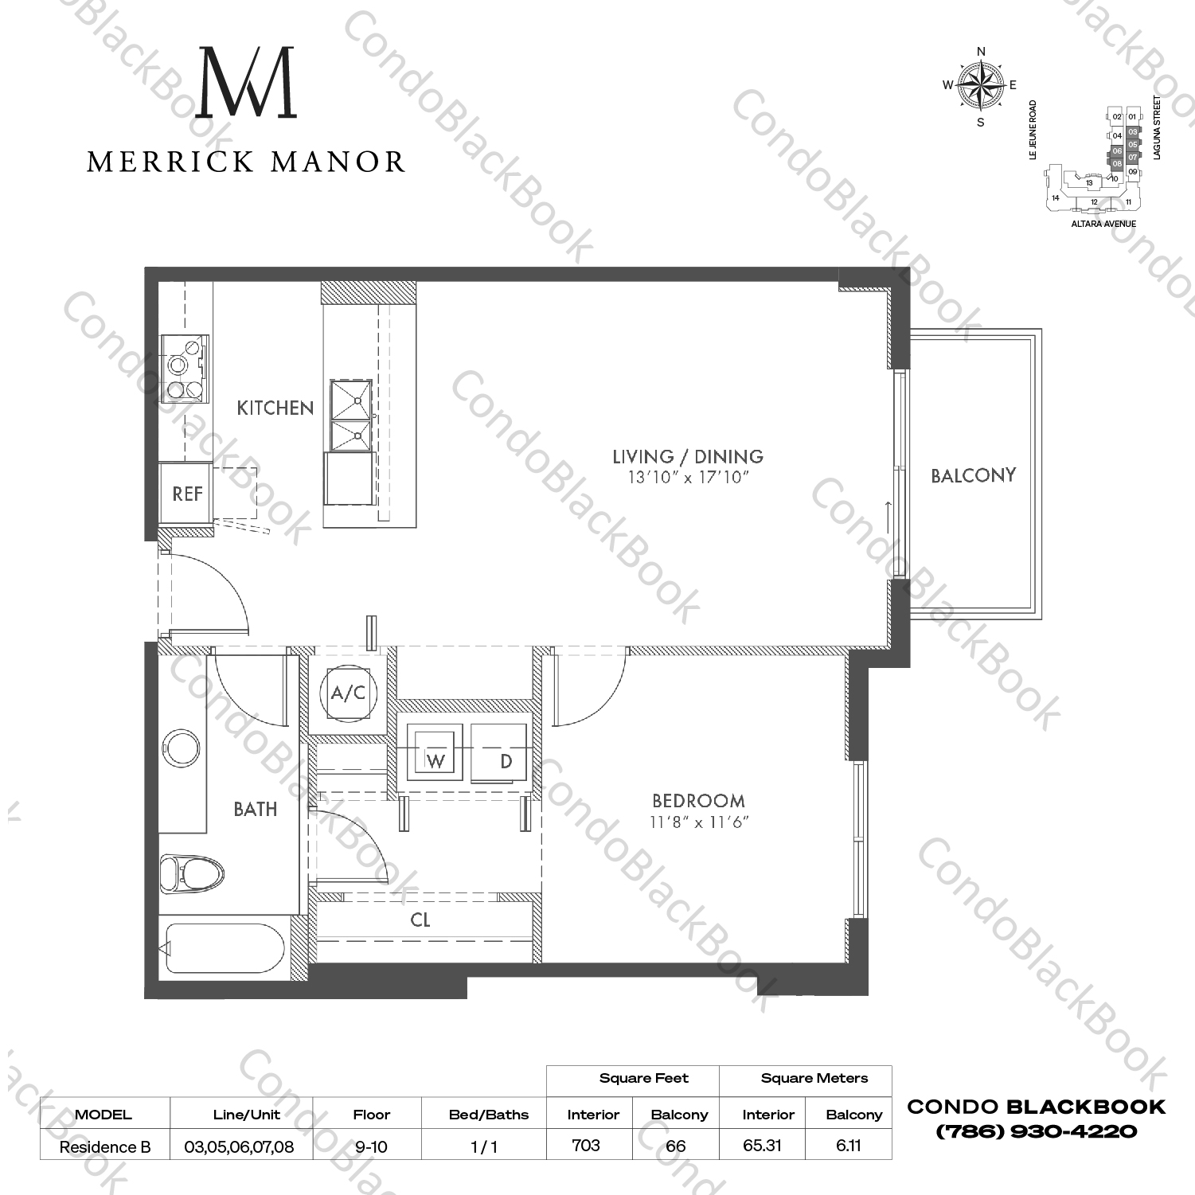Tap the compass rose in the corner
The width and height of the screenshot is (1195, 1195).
[x=980, y=86]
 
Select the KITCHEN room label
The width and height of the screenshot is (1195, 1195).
[x=275, y=408]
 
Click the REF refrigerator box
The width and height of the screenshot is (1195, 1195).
[x=186, y=494]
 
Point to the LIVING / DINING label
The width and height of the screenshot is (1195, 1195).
[x=687, y=456]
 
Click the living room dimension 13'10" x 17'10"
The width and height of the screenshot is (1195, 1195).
[x=687, y=478]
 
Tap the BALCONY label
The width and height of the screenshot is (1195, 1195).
[x=973, y=475]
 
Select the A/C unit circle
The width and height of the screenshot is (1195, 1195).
[x=348, y=693]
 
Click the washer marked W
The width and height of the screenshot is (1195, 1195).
[x=434, y=752]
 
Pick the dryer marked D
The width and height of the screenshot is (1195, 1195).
[x=499, y=753]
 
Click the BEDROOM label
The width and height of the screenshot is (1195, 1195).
[x=698, y=801]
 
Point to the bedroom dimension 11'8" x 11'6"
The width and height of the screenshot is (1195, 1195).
[x=698, y=822]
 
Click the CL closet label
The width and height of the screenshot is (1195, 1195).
[x=420, y=920]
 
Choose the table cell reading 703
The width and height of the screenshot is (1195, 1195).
[x=586, y=1146]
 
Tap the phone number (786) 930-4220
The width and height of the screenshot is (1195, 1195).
[x=1036, y=1131]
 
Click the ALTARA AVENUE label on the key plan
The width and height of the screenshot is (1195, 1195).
[x=1103, y=224]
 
